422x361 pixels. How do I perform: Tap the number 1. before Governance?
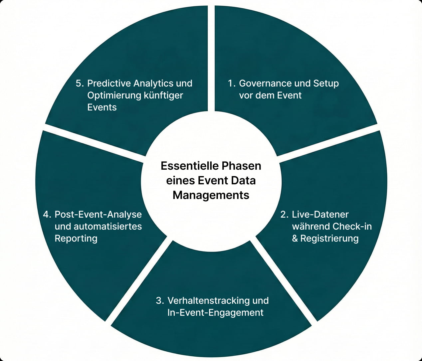[232, 83]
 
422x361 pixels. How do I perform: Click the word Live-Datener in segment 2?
[320, 214]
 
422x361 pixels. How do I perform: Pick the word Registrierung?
[329, 239]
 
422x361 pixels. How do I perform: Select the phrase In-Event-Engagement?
[215, 312]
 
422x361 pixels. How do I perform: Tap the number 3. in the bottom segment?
[160, 300]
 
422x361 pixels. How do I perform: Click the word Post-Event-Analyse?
[98, 214]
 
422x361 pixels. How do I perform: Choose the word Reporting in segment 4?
[76, 239]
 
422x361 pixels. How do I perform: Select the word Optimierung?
[114, 95]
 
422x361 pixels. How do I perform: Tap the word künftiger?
[163, 95]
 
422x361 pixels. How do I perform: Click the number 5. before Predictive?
[80, 83]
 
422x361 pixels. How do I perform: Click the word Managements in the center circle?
[211, 195]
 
